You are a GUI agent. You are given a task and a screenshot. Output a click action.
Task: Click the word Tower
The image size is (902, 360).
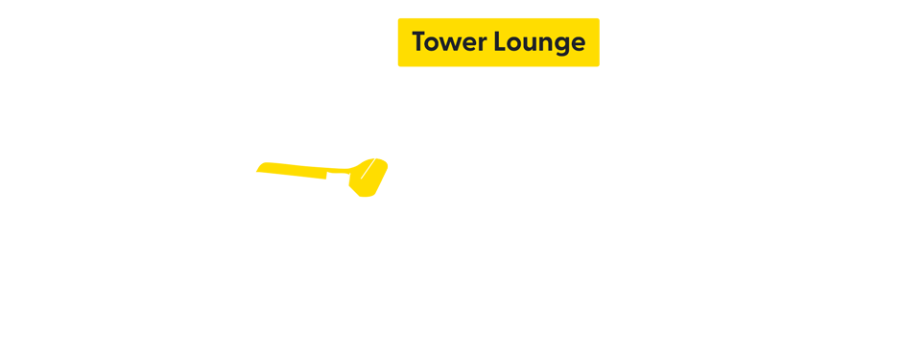point(445,42)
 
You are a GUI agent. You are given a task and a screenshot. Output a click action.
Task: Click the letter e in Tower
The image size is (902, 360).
point(467,44)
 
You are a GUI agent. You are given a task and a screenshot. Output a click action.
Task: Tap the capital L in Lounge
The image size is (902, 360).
point(499,42)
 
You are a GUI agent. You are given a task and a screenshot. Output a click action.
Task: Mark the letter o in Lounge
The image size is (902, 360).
point(513,44)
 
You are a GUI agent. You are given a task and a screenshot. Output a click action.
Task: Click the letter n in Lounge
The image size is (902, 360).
point(543,44)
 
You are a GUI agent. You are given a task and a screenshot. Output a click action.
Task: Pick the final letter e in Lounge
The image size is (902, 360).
point(577,44)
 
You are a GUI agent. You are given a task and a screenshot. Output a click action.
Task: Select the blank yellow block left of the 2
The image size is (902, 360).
point(305,179)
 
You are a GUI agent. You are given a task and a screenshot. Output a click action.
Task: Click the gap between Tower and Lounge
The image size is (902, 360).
point(488,42)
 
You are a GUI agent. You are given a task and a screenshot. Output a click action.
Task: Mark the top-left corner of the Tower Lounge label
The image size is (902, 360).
point(398,18)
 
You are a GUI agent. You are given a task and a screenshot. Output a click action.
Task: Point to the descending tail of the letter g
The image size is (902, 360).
point(559,54)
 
